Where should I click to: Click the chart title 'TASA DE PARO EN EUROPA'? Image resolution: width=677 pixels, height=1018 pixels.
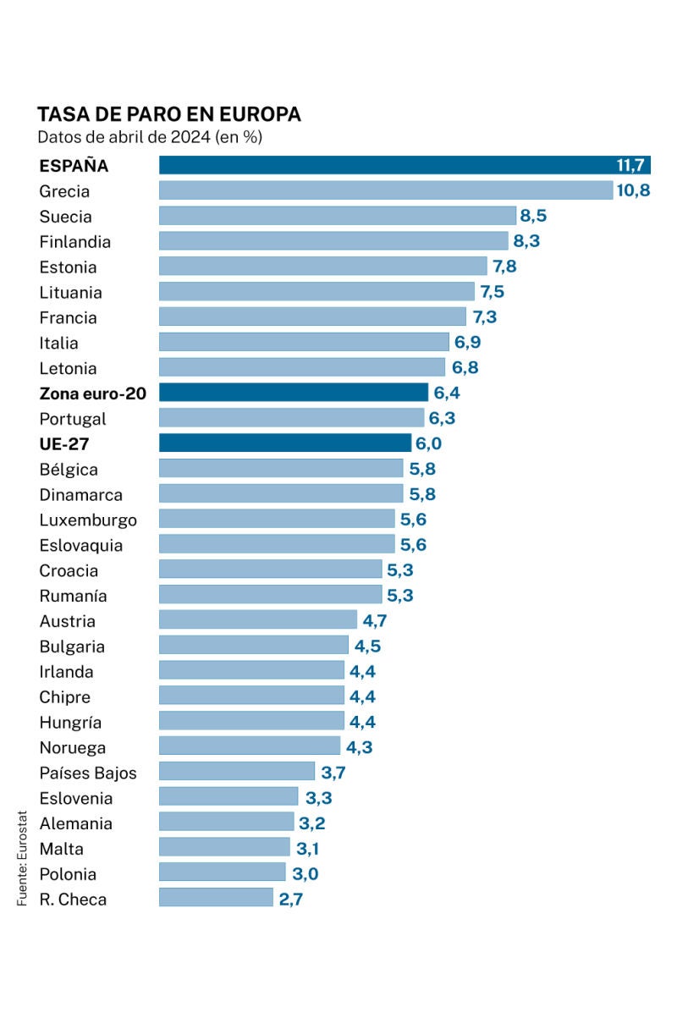[168, 114]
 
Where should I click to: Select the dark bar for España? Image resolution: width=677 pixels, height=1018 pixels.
[405, 165]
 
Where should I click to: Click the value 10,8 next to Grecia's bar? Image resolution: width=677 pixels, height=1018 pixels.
[633, 190]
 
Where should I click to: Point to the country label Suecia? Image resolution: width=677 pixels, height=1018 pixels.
[65, 217]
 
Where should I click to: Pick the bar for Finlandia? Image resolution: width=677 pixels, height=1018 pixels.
[333, 241]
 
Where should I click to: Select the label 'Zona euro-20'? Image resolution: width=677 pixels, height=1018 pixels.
[92, 393]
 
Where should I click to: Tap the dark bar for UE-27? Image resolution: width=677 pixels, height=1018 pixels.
[285, 443]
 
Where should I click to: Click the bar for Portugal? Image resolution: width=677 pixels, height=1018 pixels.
[291, 418]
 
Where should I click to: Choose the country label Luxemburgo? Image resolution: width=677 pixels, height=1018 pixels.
[88, 520]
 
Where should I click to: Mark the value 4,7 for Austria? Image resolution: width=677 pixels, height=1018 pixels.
[375, 621]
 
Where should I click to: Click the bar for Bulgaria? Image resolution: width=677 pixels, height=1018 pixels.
[254, 646]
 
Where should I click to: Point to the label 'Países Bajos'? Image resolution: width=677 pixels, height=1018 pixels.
[88, 773]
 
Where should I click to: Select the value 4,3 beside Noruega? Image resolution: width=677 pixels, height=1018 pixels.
[359, 747]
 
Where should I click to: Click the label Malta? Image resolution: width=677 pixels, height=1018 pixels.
[62, 849]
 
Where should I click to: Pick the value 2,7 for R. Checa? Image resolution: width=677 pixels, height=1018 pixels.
[290, 899]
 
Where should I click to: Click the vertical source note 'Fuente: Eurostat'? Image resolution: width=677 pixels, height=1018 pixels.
[23, 859]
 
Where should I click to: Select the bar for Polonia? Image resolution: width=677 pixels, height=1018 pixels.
[223, 872]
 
